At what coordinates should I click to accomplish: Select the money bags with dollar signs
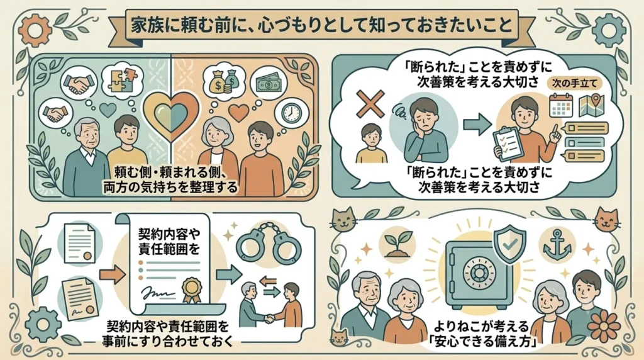coord(225,81)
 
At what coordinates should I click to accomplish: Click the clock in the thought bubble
coord(288,112)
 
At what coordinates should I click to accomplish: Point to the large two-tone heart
coord(170,115)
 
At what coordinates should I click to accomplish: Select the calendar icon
coord(561,105)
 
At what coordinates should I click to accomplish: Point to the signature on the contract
coord(157,294)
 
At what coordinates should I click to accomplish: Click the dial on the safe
coord(478,273)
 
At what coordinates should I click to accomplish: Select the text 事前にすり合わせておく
coord(167,341)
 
